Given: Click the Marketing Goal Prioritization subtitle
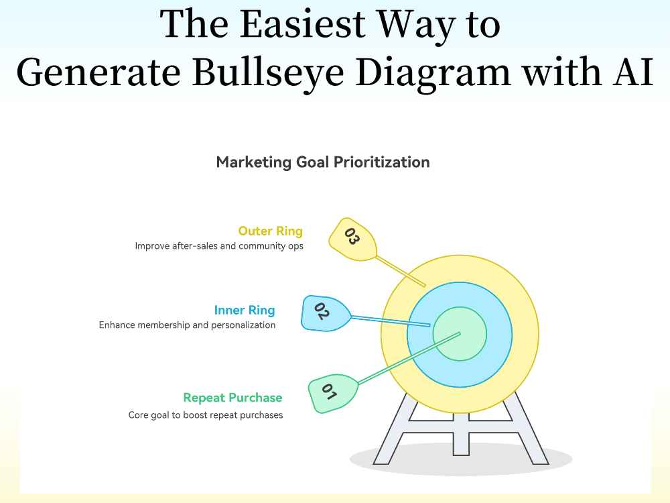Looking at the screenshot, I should point(323,162).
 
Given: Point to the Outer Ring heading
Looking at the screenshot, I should point(270,231).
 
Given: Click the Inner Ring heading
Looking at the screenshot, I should point(245,310).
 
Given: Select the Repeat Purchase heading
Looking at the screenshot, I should point(232,398).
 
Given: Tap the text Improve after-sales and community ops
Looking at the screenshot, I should point(219,246).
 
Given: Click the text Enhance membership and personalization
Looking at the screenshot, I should point(187,325).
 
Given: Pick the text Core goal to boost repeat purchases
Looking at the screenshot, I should point(206,415).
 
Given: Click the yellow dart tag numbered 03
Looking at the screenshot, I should point(351,238).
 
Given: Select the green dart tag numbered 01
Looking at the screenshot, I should point(332,392).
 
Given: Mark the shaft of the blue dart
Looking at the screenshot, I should point(389,320).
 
